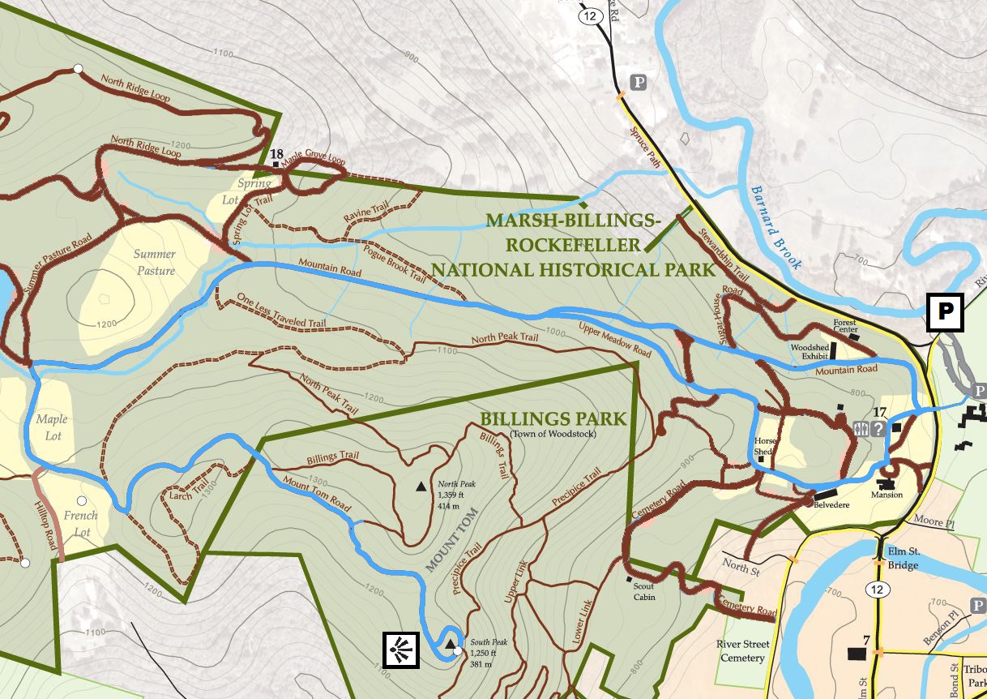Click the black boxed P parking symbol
click(945, 312)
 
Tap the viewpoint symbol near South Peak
click(401, 650)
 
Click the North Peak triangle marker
click(421, 487)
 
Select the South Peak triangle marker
click(450, 644)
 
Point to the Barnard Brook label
click(775, 228)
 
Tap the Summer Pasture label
click(155, 262)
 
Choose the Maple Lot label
click(52, 427)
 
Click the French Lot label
click(81, 524)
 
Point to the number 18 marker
click(276, 154)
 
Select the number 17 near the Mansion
click(881, 413)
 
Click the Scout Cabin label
click(644, 592)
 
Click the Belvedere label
click(831, 504)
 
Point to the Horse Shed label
click(765, 447)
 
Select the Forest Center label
click(845, 326)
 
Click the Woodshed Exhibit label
click(810, 352)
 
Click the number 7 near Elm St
click(866, 641)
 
